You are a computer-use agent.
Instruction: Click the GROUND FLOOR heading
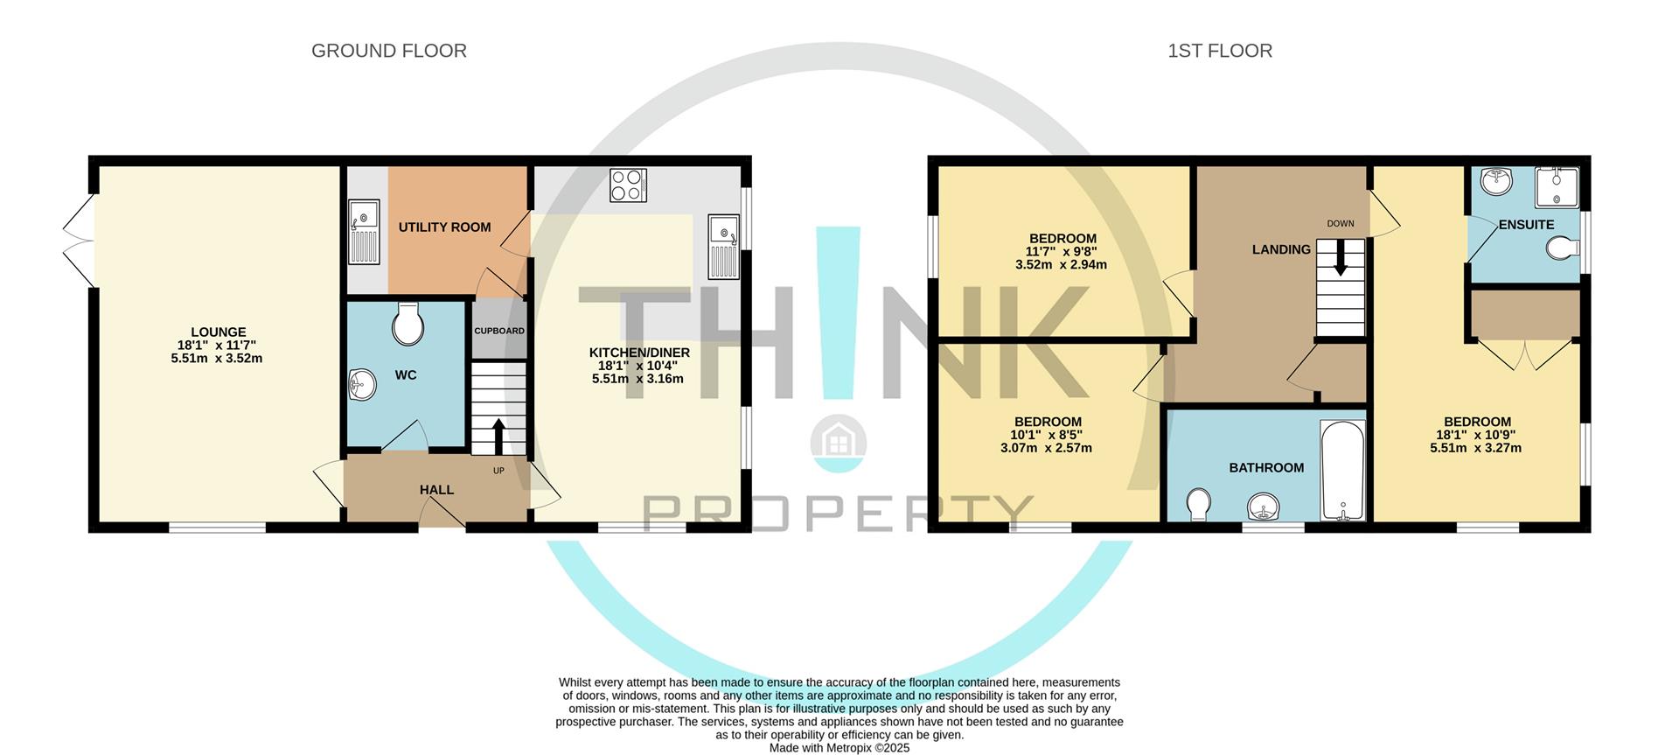click(x=388, y=51)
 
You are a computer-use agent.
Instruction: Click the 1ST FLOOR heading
click(x=1219, y=51)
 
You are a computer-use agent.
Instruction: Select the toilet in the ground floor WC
click(x=408, y=325)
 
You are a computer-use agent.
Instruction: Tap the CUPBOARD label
click(x=499, y=331)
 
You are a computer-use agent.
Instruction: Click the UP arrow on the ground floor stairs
click(x=498, y=436)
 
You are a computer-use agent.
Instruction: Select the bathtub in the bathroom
click(x=1342, y=472)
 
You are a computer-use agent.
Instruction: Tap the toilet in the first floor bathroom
click(x=1199, y=505)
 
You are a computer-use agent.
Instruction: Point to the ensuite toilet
click(x=1561, y=251)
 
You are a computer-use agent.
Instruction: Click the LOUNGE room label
click(x=218, y=332)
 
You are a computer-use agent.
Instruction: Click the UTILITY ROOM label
click(x=444, y=227)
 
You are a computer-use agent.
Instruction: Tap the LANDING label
click(x=1281, y=249)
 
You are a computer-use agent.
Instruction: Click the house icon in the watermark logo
click(x=839, y=439)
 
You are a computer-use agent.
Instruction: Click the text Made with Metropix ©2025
click(x=839, y=748)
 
